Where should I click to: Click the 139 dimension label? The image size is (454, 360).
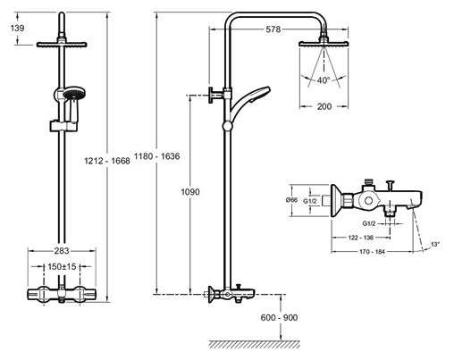point(17,29)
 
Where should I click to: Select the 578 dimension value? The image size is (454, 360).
point(273,29)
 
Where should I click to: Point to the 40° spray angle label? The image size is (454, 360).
point(324,80)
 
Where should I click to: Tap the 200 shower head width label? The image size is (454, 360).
point(324,106)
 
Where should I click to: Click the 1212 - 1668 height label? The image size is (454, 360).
point(107,161)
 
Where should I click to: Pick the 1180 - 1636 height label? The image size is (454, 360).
point(156,156)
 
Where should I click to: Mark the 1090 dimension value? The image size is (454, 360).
point(190,192)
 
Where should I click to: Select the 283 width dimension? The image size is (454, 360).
point(62,251)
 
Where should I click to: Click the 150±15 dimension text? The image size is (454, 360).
point(62,266)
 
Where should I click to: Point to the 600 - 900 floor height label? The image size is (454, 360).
point(279,318)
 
